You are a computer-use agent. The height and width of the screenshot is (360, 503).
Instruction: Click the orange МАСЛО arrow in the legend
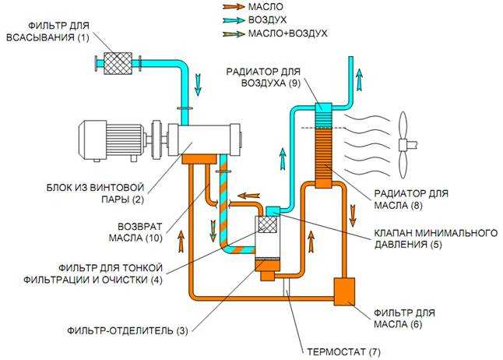[x=234, y=6]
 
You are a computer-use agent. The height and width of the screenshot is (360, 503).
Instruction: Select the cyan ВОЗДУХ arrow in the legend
[x=234, y=20]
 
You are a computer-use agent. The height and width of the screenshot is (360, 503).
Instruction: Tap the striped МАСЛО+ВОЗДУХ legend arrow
[x=234, y=34]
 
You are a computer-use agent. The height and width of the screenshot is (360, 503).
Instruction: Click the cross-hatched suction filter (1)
[x=118, y=64]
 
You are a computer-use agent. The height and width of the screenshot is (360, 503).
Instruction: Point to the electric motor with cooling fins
[x=111, y=140]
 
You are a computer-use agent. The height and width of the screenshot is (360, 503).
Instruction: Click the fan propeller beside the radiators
[x=404, y=145]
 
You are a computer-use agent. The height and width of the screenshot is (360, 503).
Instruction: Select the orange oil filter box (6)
[x=344, y=291]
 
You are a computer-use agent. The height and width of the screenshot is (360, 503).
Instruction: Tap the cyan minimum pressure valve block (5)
[x=273, y=210]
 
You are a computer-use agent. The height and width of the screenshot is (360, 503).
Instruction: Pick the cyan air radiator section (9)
[x=323, y=115]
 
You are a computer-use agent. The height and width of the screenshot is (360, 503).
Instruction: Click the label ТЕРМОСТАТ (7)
[x=343, y=352]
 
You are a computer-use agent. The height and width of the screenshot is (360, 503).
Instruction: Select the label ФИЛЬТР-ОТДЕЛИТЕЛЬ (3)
[x=128, y=330]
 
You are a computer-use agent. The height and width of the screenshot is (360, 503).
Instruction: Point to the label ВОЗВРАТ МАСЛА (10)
[x=135, y=232]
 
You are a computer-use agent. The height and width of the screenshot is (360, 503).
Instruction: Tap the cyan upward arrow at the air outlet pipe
[x=360, y=80]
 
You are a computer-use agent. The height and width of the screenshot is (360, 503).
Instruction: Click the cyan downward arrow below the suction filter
[x=199, y=85]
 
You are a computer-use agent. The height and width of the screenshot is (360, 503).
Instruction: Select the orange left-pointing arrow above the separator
[x=248, y=196]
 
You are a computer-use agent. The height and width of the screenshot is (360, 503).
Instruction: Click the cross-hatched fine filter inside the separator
[x=267, y=224]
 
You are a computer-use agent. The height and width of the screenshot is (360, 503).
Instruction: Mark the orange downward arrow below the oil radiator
[x=353, y=216]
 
